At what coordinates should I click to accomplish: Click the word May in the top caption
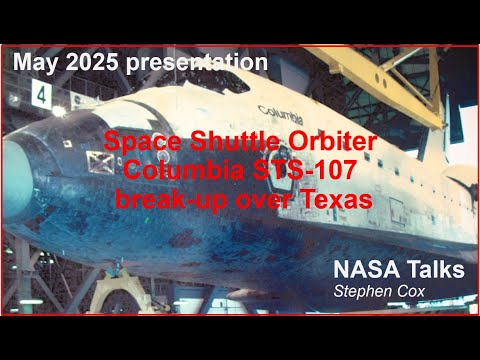(x=37, y=63)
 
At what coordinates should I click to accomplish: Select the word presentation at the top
(x=196, y=63)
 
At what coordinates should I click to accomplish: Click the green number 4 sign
(x=41, y=95)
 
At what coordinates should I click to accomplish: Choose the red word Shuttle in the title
(x=232, y=143)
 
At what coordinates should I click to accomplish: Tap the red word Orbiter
(x=330, y=143)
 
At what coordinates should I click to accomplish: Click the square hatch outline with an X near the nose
(x=97, y=158)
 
